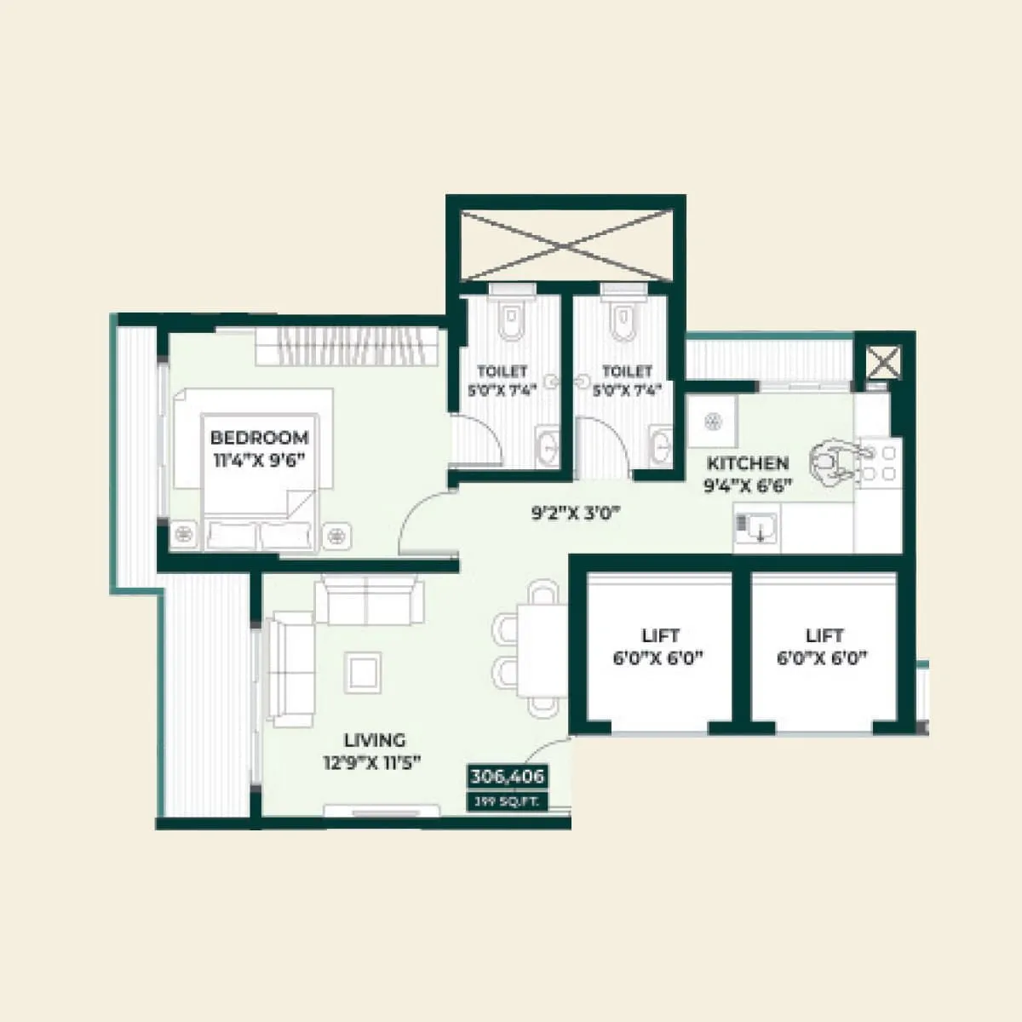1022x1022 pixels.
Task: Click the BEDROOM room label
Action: (x=259, y=438)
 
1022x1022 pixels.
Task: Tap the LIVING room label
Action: (x=375, y=740)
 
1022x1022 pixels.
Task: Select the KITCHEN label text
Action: (x=748, y=463)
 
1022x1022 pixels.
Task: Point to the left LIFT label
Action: (x=660, y=635)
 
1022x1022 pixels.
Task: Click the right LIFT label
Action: (x=824, y=635)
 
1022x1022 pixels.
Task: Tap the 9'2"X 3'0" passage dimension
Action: (x=576, y=513)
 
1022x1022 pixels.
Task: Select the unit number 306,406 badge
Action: (x=507, y=777)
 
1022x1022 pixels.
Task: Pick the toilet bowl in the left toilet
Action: (x=510, y=319)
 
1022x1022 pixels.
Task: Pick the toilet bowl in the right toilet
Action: (x=623, y=319)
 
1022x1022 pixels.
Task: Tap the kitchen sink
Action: (x=756, y=528)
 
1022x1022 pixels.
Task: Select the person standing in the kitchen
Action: (x=833, y=462)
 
